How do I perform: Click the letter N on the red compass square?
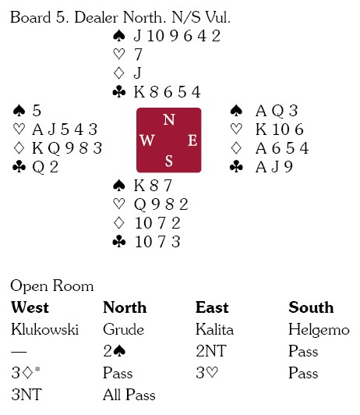[169, 119]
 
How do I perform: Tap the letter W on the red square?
[147, 140]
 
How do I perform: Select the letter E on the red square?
[192, 140]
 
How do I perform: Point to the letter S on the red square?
[169, 161]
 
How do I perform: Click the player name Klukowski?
[45, 329]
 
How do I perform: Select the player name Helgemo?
[319, 330]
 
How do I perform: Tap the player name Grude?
[123, 329]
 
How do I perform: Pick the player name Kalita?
[214, 329]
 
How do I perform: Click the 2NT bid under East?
[211, 351]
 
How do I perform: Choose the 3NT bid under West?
[26, 395]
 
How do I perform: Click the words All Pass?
[129, 395]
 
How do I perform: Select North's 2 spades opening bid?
[115, 351]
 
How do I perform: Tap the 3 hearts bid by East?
[207, 373]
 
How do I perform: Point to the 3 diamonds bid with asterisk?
[26, 372]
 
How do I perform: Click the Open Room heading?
[52, 286]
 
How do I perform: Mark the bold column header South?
[311, 307]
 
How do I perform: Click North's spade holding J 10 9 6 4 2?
[177, 36]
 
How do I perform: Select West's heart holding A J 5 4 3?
[65, 129]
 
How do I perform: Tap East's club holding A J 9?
[274, 167]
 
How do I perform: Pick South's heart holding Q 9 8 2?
[161, 204]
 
